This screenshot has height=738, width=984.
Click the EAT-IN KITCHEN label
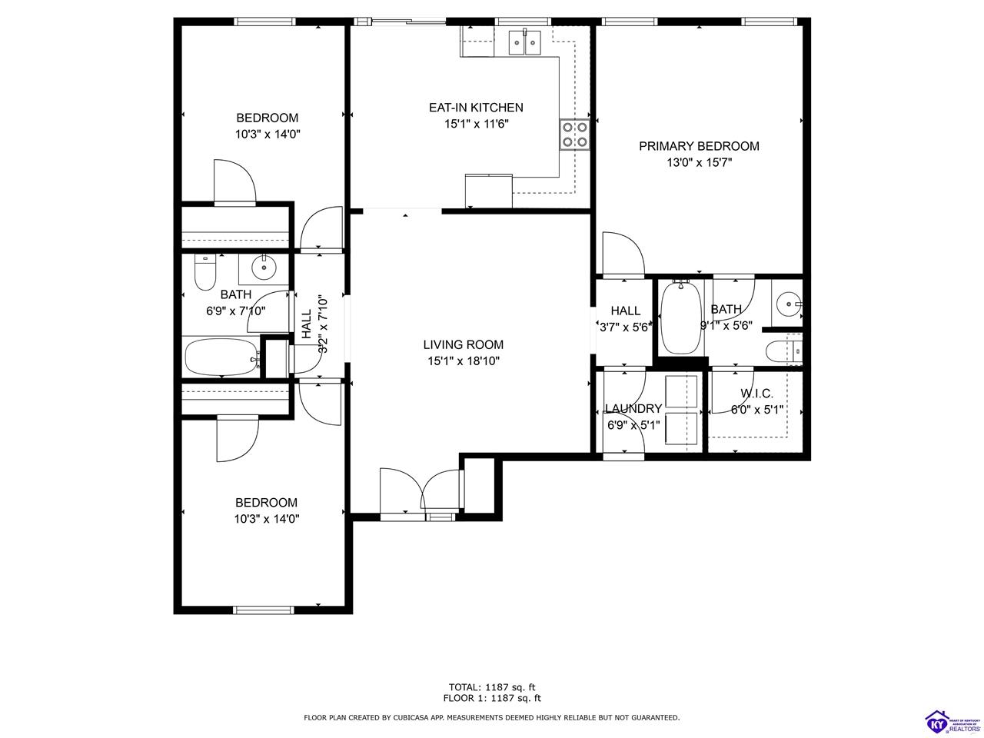476,108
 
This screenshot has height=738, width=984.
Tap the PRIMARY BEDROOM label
699,146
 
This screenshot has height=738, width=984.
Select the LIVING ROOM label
464,345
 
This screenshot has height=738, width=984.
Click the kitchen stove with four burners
574,135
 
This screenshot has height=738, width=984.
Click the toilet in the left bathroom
205,272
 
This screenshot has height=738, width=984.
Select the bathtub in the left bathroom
222,357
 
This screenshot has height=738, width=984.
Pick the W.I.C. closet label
756,394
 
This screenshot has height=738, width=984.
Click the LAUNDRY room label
633,409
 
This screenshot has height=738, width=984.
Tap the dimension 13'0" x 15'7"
699,162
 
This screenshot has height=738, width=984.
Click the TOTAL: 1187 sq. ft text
491,687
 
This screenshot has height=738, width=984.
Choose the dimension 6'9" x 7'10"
236,311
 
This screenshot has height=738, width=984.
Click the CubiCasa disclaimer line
491,717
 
